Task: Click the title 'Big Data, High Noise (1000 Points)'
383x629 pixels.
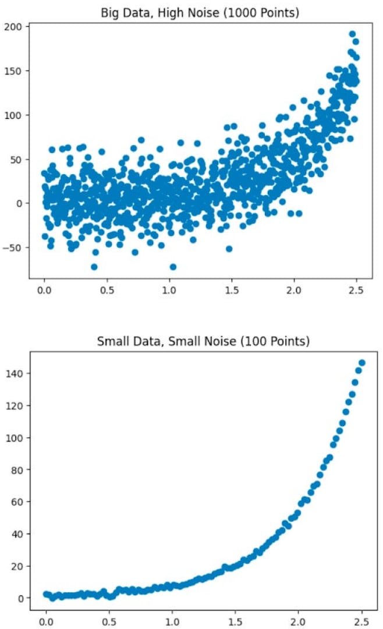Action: click(200, 12)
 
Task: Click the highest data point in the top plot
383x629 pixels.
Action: click(352, 34)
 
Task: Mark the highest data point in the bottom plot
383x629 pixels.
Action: click(361, 363)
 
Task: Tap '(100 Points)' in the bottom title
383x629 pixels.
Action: click(281, 341)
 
